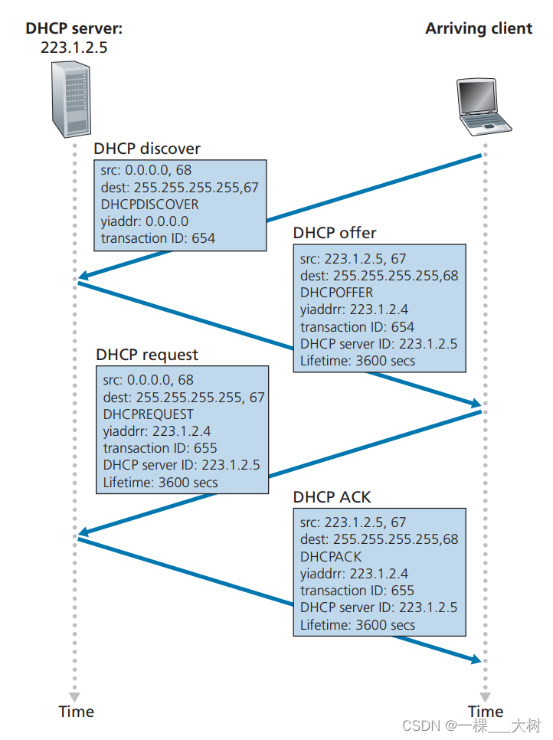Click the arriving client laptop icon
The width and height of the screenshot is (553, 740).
click(483, 106)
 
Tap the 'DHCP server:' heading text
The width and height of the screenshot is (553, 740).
click(74, 29)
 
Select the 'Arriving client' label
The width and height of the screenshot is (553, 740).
click(479, 29)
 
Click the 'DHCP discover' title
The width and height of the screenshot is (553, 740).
click(147, 148)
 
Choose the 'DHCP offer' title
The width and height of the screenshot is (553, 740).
click(335, 233)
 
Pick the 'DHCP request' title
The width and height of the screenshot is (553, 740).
click(147, 355)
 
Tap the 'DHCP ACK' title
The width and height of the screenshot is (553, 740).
click(332, 497)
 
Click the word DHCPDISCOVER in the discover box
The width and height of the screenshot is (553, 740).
click(149, 205)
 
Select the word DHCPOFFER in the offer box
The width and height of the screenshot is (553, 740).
click(336, 293)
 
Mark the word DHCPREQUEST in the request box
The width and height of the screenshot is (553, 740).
click(149, 414)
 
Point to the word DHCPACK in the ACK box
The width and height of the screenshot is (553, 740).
click(331, 557)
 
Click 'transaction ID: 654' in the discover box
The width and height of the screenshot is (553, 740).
click(158, 238)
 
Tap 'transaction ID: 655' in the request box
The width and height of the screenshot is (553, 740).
click(160, 448)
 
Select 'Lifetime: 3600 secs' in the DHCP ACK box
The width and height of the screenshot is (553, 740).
click(358, 625)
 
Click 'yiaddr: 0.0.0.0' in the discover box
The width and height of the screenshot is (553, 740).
click(144, 221)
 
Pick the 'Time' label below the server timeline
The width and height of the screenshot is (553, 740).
click(76, 712)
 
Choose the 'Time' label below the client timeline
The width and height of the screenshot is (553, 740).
click(486, 712)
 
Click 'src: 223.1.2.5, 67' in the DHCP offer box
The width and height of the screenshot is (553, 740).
click(353, 259)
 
